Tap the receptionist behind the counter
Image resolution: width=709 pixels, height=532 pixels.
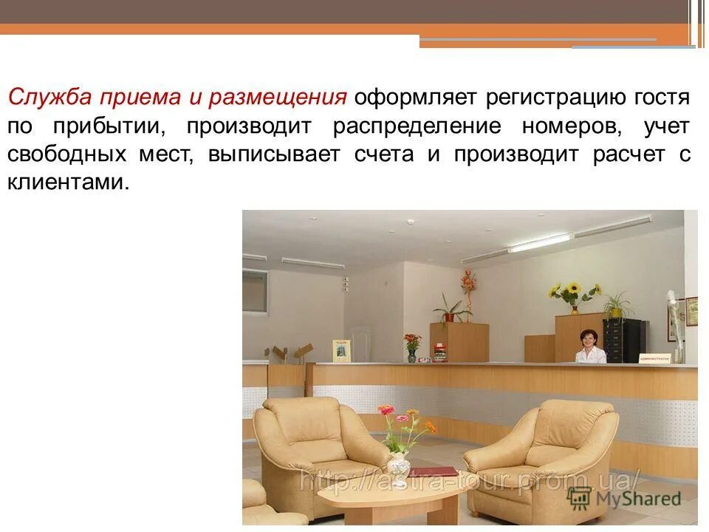(x=591, y=347)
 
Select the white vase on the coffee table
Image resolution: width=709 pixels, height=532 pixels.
(x=399, y=466)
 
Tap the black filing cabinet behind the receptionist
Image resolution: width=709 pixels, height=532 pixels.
(x=625, y=340)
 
